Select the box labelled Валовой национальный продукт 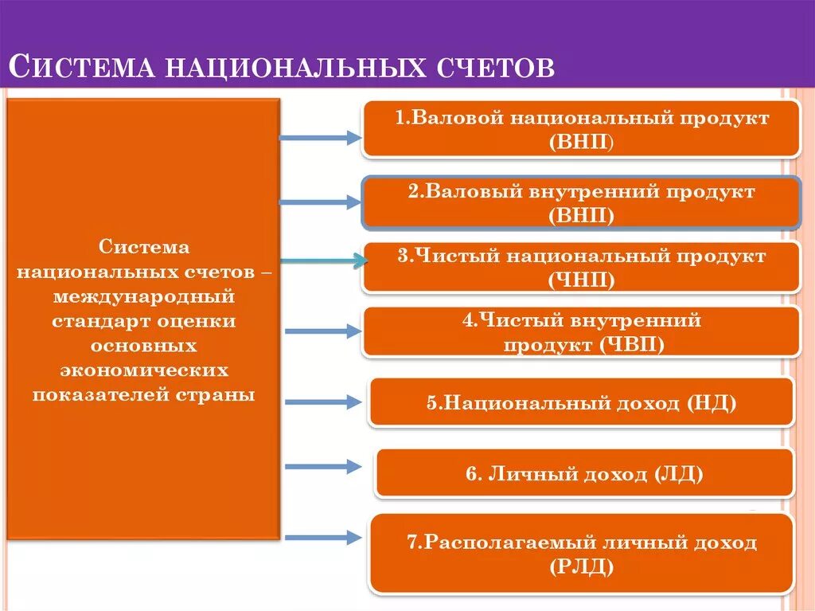pos(582,129)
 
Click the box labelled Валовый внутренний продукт pos(582,203)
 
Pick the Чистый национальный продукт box pos(582,268)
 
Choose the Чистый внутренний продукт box pos(582,332)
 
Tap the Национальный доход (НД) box pos(582,403)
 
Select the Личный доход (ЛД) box pos(585,474)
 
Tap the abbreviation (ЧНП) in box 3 pos(582,280)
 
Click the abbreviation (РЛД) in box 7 pos(582,566)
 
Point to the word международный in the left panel pos(143,297)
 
